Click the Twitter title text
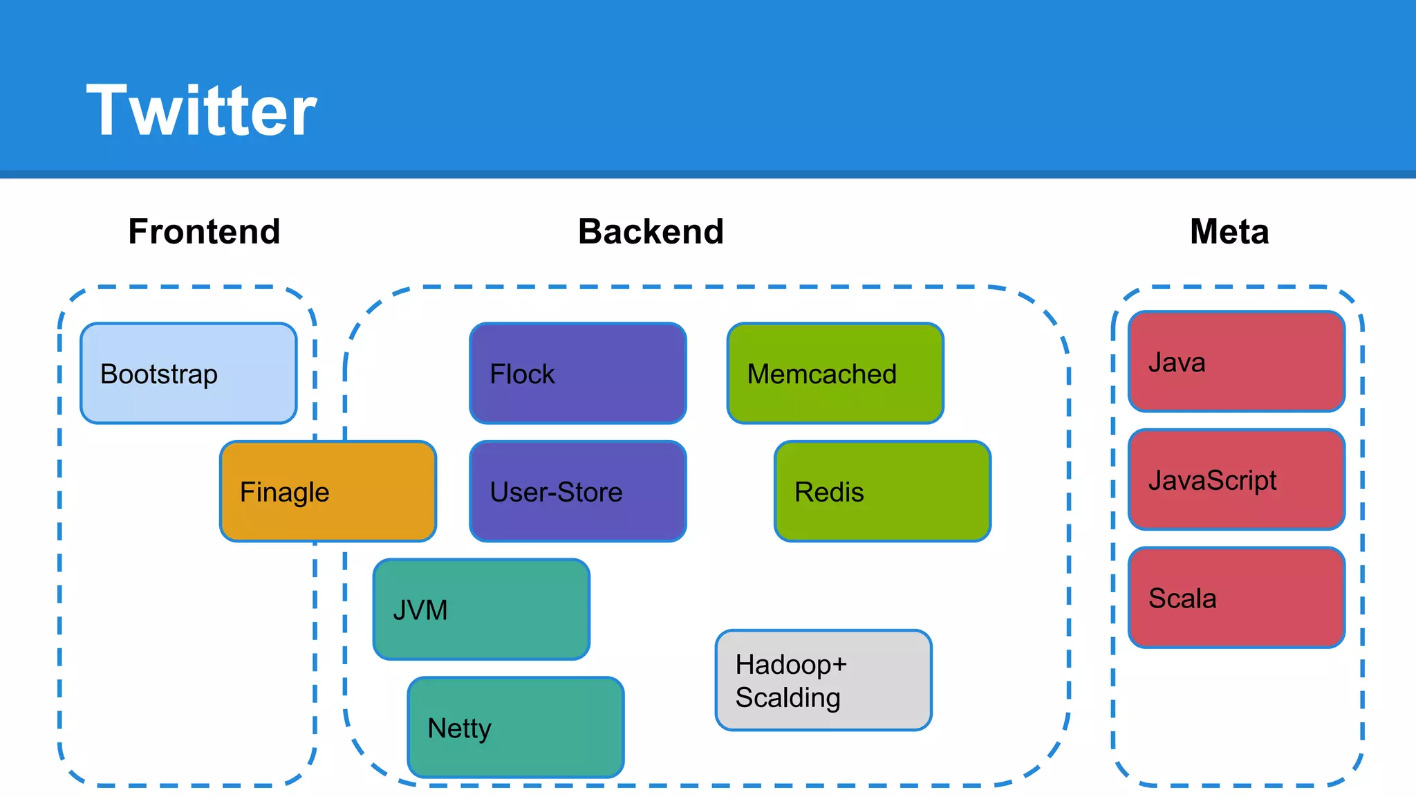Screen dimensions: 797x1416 tap(201, 111)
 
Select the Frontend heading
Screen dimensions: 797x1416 tap(204, 232)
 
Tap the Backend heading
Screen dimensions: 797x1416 tap(651, 232)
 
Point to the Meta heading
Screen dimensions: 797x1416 tap(1229, 232)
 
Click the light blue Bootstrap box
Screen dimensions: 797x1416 tap(188, 373)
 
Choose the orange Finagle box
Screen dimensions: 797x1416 tap(328, 491)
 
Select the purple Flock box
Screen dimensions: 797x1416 tap(577, 373)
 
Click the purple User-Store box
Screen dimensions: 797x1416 tap(577, 491)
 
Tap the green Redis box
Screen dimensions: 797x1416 tap(882, 491)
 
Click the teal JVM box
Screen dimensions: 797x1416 tap(481, 610)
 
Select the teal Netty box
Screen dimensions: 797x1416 tap(516, 727)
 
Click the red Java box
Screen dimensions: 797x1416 tap(1236, 361)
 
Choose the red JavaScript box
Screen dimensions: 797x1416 tap(1236, 479)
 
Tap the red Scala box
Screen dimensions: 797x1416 tap(1236, 598)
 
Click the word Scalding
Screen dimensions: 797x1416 tap(788, 698)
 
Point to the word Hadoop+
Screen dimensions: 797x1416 tap(791, 665)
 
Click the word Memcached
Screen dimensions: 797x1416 tap(821, 374)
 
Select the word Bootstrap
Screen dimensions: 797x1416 tap(159, 374)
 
